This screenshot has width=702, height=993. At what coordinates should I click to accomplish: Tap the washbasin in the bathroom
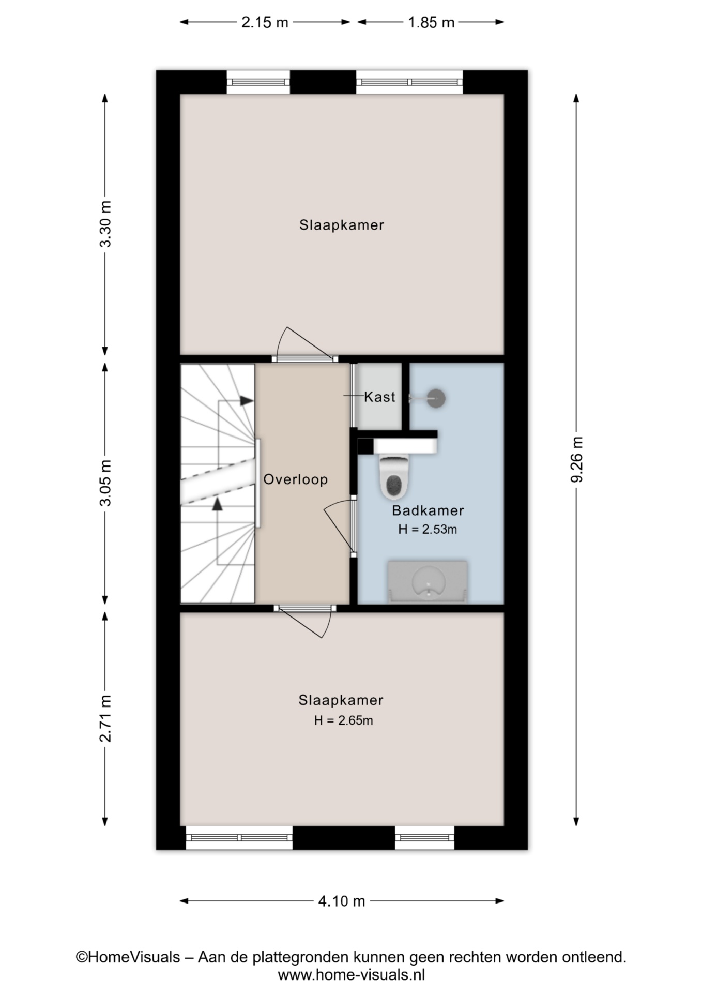pos(428,582)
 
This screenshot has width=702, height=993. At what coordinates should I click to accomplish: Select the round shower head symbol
pos(437,398)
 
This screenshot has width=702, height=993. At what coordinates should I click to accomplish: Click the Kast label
pos(379,397)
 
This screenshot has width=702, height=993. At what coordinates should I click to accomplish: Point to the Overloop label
pos(296,479)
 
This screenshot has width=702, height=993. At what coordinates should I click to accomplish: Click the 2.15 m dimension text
pos(265,23)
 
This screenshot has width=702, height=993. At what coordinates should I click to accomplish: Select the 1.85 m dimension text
pos(431,23)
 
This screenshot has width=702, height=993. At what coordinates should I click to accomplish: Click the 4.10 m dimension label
pos(342,901)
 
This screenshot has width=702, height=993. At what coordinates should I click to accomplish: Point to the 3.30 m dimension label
pos(105,224)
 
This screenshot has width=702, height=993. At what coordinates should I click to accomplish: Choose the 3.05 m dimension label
pos(105,483)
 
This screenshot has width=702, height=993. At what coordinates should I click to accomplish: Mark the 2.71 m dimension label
pos(105,719)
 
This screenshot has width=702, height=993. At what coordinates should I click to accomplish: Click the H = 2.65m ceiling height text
pos(344,720)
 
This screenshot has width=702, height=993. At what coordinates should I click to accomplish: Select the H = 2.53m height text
pos(428,530)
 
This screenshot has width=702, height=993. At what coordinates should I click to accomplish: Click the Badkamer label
pos(428,510)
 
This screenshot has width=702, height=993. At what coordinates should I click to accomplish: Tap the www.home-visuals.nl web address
pos(352,975)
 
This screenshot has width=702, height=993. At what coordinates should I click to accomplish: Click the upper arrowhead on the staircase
pos(247,401)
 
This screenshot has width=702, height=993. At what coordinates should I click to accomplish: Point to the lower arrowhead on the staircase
pos(218,504)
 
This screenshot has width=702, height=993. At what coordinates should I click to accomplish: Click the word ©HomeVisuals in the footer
pos(128,957)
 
